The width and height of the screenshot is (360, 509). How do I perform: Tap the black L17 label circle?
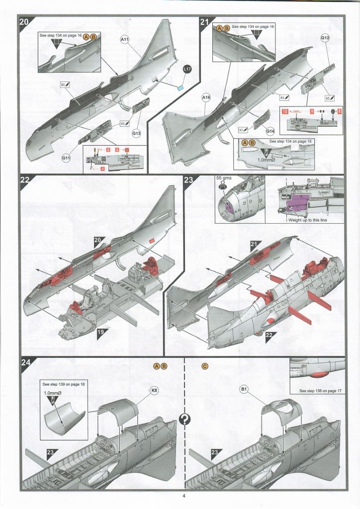[187, 70]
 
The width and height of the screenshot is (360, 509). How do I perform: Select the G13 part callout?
[137, 133]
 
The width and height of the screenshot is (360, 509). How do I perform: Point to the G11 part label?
[67, 158]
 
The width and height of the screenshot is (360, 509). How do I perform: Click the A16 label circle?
[207, 98]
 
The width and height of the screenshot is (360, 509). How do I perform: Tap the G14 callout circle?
[270, 131]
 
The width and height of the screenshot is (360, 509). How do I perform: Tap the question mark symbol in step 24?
[184, 420]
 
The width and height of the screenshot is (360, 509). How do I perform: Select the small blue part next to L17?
[180, 87]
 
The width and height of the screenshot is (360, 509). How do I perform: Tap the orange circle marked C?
[205, 366]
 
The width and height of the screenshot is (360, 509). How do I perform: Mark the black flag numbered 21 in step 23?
[254, 244]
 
